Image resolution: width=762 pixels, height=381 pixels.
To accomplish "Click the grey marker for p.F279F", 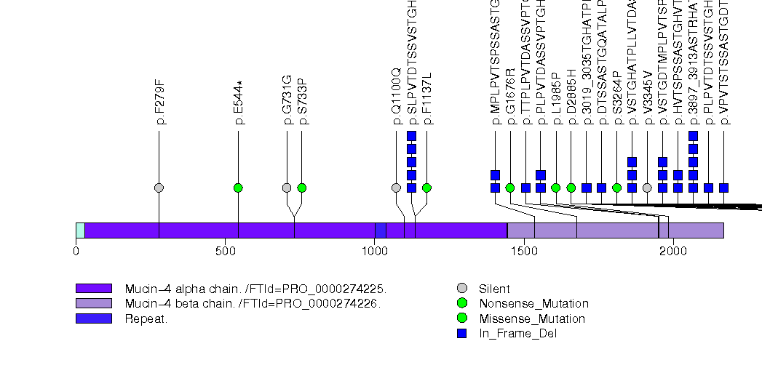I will click(x=159, y=188).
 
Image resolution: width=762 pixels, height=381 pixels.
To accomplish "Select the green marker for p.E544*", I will click(x=238, y=188).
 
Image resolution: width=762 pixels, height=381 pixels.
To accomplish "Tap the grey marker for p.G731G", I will click(x=287, y=188).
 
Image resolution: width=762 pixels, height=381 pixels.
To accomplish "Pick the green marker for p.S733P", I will click(x=302, y=188).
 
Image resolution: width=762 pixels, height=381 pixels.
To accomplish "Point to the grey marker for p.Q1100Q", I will click(x=396, y=188).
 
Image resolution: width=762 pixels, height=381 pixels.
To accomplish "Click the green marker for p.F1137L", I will click(x=426, y=188).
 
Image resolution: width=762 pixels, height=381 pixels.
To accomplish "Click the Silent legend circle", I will click(x=461, y=289).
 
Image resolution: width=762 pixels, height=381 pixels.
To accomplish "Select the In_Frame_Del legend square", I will click(x=461, y=333).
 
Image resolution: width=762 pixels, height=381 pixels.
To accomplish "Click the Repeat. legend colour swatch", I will click(x=93, y=318).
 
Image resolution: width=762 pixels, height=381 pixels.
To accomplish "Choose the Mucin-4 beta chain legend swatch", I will click(x=93, y=303).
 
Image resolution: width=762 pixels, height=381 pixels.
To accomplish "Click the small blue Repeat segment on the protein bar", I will click(x=380, y=230).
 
